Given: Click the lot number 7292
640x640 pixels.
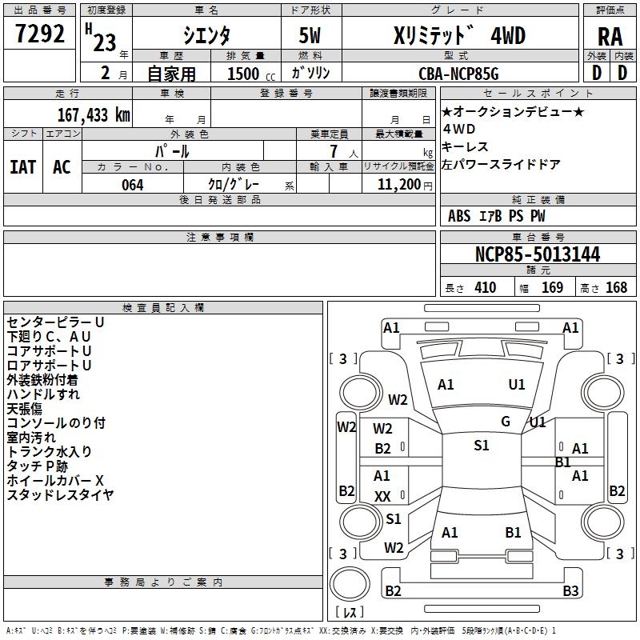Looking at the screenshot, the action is coord(40,34).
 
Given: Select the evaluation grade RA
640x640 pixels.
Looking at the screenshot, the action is coord(610,37).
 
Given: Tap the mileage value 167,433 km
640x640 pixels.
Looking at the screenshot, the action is coord(94,115).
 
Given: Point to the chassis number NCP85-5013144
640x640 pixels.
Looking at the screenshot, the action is coord(538,254).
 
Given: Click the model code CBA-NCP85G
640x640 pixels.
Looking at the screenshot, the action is coord(458,74).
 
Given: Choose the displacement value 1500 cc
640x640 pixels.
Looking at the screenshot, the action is coord(251,74).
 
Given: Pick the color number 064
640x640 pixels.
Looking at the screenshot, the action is coord(133,185).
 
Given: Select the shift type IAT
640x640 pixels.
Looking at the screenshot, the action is coord(23,167).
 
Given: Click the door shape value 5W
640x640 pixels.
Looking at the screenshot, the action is coord(310,35).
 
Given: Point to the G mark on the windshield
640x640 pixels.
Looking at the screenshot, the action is coord(506,422).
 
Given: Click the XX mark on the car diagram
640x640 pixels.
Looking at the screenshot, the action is coord(382,496).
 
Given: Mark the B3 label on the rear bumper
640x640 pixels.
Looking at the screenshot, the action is coord(570,590).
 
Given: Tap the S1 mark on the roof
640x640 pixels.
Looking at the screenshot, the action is coord(482,446).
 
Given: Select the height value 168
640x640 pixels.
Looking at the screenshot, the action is coord(616,287).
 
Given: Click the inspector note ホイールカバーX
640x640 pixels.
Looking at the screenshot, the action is coord(55,481).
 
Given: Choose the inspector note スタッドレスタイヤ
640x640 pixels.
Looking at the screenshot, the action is coord(60,494).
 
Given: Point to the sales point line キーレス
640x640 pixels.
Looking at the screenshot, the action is coord(465,146).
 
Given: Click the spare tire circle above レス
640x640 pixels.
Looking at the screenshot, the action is coord(350,584).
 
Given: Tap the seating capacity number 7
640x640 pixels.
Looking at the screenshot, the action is coord(334,151).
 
